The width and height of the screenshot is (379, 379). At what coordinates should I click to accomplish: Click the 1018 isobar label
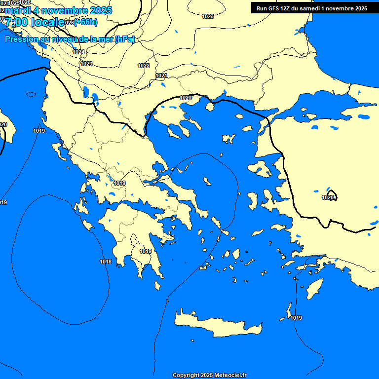click(x=106, y=262)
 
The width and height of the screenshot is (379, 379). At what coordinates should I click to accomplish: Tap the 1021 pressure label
click(x=161, y=76)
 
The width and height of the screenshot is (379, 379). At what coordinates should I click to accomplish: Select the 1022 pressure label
click(x=144, y=66)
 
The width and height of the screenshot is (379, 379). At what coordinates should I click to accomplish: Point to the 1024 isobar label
click(x=78, y=52)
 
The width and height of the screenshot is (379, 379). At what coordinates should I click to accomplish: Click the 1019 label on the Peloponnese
click(x=146, y=251)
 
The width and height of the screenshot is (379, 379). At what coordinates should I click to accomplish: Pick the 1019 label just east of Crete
click(x=296, y=318)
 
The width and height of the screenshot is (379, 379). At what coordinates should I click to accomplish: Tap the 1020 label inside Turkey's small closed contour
click(x=328, y=197)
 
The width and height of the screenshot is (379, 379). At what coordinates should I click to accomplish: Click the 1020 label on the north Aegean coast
click(x=186, y=98)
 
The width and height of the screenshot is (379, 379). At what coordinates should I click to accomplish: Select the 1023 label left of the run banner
click(x=208, y=16)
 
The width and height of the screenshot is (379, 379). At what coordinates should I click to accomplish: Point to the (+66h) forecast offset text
click(x=86, y=22)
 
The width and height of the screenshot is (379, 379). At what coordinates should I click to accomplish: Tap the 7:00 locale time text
click(x=35, y=22)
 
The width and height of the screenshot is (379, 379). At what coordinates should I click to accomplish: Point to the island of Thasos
click(x=209, y=106)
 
